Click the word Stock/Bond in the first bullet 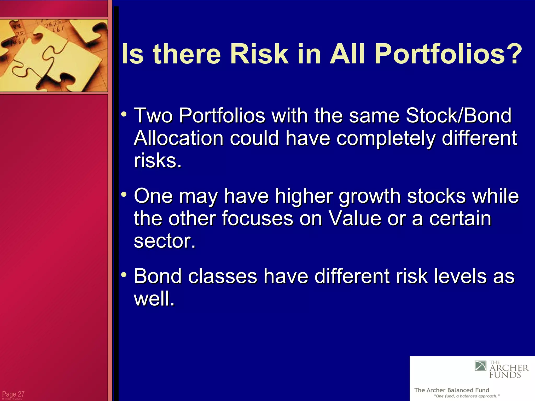tap(458, 115)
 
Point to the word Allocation tap(178, 138)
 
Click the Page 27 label tap(13, 394)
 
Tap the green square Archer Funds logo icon tap(480, 366)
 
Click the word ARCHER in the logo tap(509, 368)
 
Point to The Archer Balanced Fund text tap(451, 390)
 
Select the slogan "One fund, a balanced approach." tap(467, 396)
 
